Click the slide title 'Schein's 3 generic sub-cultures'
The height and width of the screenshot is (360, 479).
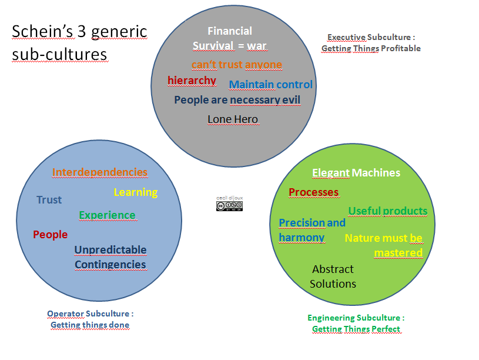pos(79,42)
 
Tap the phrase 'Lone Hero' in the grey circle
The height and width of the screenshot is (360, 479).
pos(233,119)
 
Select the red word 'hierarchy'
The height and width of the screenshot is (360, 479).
pos(192,81)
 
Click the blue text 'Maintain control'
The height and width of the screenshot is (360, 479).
pos(270,85)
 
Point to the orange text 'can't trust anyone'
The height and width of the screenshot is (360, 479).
pos(237,65)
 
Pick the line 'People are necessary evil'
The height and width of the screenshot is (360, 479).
pos(237,100)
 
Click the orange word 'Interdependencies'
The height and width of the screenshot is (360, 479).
pos(99,172)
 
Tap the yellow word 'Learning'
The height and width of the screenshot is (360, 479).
pos(135,192)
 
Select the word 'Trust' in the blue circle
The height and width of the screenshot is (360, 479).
pos(49,200)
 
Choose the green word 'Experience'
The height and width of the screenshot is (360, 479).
pos(107,215)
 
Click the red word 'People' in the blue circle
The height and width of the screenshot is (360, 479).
pos(50,235)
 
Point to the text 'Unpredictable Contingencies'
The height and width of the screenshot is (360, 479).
pos(110,257)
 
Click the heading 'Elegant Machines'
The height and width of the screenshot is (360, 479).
pos(356,173)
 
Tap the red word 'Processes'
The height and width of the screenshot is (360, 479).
pos(313,192)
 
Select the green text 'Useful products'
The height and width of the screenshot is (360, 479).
pos(387,211)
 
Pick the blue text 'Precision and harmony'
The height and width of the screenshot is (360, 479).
pos(311,230)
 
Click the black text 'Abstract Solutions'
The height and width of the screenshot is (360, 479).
pos(333,276)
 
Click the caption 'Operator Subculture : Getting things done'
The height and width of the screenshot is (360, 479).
pos(90,319)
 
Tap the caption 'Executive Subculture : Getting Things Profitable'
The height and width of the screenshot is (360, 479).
pos(371,43)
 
